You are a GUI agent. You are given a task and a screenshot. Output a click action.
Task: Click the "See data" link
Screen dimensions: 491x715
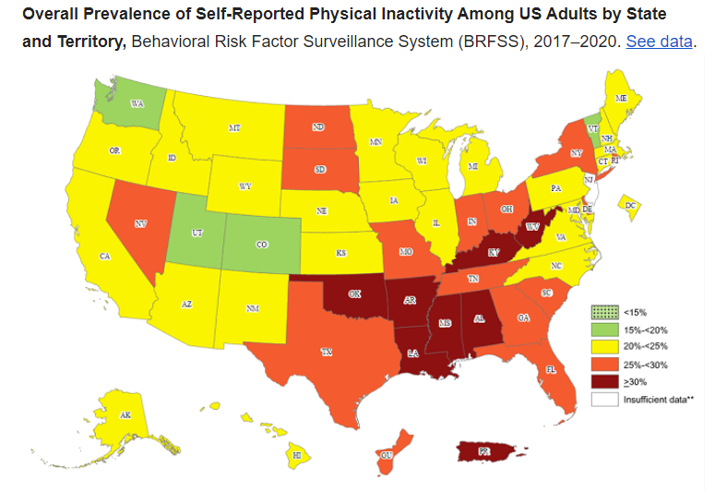(659, 42)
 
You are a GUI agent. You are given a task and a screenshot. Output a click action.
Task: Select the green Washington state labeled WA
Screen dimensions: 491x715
(137, 103)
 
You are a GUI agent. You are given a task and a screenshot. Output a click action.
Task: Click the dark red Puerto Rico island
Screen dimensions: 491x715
(483, 453)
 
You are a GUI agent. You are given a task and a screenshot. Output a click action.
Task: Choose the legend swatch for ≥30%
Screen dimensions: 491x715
(606, 380)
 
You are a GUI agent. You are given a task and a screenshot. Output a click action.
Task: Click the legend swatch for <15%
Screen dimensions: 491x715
(606, 313)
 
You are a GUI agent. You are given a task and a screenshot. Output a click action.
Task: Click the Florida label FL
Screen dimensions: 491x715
(551, 368)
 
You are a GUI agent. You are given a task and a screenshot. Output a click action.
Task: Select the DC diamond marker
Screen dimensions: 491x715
(631, 206)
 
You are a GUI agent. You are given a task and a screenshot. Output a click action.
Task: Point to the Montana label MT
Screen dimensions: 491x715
(234, 128)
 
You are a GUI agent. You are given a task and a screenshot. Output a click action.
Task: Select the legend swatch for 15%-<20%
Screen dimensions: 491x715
(606, 329)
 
